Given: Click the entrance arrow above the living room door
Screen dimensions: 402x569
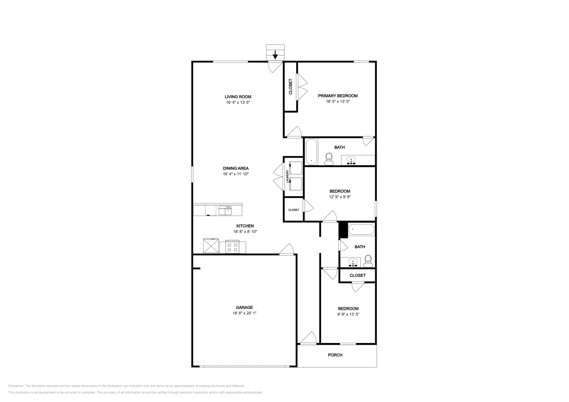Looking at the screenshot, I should tap(275, 55).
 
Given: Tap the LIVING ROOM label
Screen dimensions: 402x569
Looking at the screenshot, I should tap(238, 97).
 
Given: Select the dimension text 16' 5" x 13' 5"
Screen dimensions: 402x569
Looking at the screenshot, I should tap(337, 102).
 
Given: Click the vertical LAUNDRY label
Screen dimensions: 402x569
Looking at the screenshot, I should tap(287, 177).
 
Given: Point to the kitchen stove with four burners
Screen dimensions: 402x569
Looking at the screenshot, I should tap(233, 247).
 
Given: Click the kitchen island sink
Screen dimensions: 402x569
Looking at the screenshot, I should tap(225, 211).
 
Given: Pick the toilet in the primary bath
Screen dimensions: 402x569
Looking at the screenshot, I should tap(329, 159).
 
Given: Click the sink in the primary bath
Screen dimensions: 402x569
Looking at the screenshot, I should tap(351, 161).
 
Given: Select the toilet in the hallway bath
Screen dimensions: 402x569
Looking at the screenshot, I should tap(368, 261).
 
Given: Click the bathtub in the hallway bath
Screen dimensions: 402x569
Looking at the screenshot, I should tap(361, 229).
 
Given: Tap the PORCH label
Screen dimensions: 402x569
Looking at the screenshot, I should tap(335, 355).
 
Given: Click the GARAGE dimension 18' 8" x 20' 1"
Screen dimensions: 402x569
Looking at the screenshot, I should tap(244, 313).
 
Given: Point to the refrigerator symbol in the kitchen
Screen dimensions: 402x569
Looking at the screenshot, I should tap(211, 245).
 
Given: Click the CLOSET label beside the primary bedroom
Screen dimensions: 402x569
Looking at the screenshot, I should tap(291, 86).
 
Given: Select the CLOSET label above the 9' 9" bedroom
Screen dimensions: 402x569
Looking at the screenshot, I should tap(357, 276).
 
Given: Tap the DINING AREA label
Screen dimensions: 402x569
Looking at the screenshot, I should tap(236, 168).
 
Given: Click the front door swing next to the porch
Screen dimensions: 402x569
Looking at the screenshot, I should tap(308, 338).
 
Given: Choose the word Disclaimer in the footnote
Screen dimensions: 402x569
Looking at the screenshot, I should tap(16, 386).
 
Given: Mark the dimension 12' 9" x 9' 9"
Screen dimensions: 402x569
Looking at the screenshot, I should tap(340, 197).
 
